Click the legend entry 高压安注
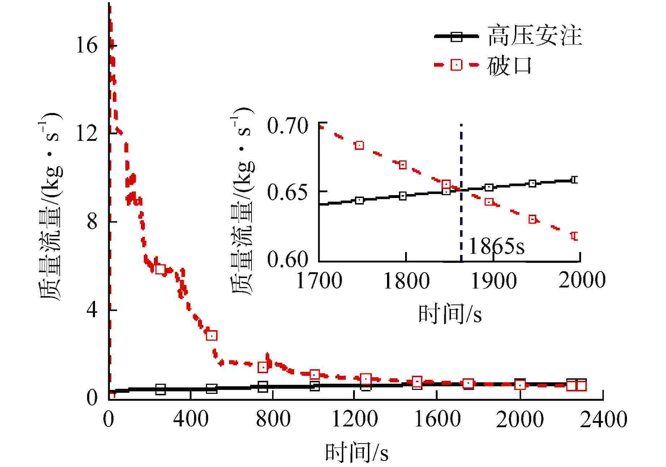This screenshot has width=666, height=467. click(x=535, y=36)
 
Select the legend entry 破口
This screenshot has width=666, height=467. click(x=510, y=66)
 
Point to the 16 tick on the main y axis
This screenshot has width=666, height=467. click(x=87, y=46)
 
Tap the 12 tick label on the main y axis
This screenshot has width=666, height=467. click(x=87, y=134)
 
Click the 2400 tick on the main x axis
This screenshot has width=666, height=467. click(x=603, y=420)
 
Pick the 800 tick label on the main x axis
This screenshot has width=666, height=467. click(x=273, y=420)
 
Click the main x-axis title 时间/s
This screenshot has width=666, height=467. click(x=357, y=453)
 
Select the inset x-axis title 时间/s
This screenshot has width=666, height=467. click(x=450, y=314)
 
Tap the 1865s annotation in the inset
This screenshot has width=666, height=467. click(x=497, y=247)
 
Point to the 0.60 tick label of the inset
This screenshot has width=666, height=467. click(x=288, y=259)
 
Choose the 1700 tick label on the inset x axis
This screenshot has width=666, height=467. click(x=319, y=281)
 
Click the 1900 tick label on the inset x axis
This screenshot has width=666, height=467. click(x=494, y=281)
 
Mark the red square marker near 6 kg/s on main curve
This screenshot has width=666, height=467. click(x=160, y=269)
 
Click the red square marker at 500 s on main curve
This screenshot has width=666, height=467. click(x=212, y=336)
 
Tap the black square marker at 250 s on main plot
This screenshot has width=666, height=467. click(x=160, y=390)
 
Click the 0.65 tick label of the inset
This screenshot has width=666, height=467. click(x=288, y=192)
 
